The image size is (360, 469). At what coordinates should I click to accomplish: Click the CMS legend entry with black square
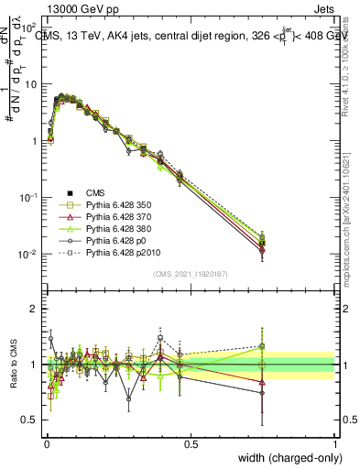97,192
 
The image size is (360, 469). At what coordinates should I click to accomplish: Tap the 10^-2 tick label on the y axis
28,254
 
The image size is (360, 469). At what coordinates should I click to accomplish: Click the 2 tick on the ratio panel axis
33,309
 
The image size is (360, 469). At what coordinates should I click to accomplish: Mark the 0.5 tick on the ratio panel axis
28,421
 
